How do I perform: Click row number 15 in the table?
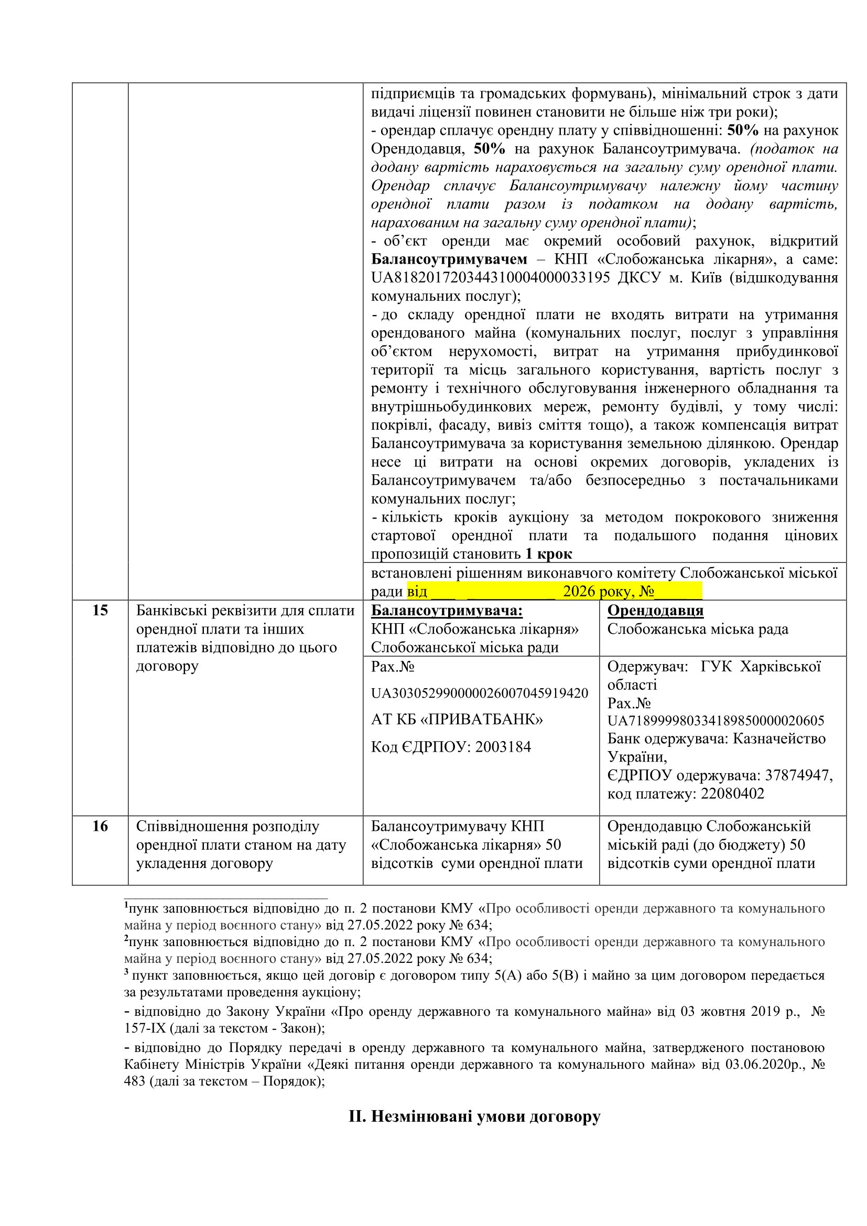coord(100,610)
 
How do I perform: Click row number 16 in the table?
coord(100,826)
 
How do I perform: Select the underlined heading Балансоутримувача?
coord(446,610)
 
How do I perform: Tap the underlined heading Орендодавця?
coord(655,610)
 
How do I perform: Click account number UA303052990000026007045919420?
coord(480,693)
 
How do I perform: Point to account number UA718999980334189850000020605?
coord(716,721)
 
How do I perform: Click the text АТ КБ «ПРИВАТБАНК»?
coord(457,720)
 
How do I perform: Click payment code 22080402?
coord(732,794)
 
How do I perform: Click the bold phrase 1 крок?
coord(548,554)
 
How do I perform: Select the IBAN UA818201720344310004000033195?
coord(490,278)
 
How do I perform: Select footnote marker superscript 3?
coord(126,972)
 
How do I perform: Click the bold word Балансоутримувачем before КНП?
coord(449,259)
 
